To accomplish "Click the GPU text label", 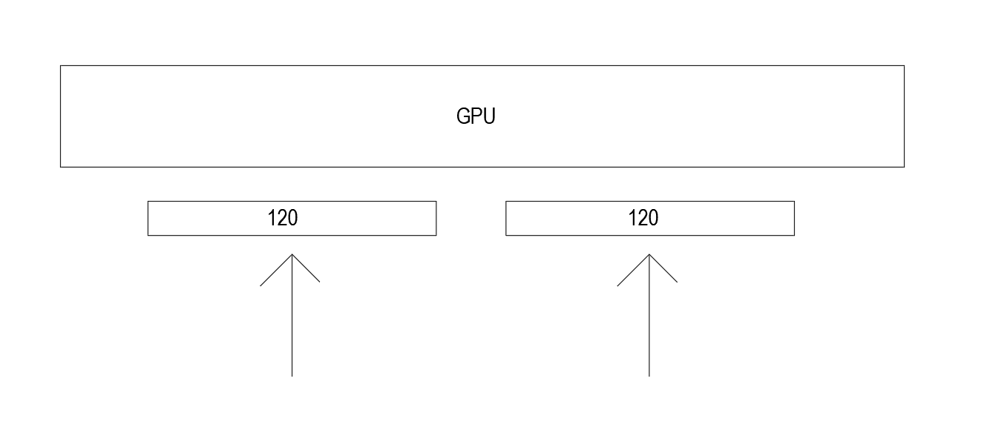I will tap(476, 116).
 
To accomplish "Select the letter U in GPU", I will tap(488, 116).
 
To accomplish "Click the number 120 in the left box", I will tap(282, 218).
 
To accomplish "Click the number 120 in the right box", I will tap(643, 218).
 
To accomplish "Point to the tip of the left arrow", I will tap(292, 254).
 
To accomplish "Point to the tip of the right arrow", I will tap(649, 254).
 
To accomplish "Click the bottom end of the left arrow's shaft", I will tap(292, 377).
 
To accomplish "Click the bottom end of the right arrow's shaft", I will tap(649, 377).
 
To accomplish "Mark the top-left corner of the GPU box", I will tap(60, 65).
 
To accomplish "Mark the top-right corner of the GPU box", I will tap(904, 65).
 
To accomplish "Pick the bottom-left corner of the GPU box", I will tap(60, 167).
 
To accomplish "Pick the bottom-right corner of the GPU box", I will tap(904, 167).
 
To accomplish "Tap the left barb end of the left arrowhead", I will tap(260, 285).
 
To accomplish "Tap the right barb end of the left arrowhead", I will tap(320, 282).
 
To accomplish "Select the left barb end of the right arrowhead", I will tap(617, 285).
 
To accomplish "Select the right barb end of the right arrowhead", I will tap(678, 282).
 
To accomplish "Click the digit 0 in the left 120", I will tap(292, 218).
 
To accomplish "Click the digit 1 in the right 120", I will tap(632, 218).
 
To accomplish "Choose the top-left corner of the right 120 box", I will tap(506, 201).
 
